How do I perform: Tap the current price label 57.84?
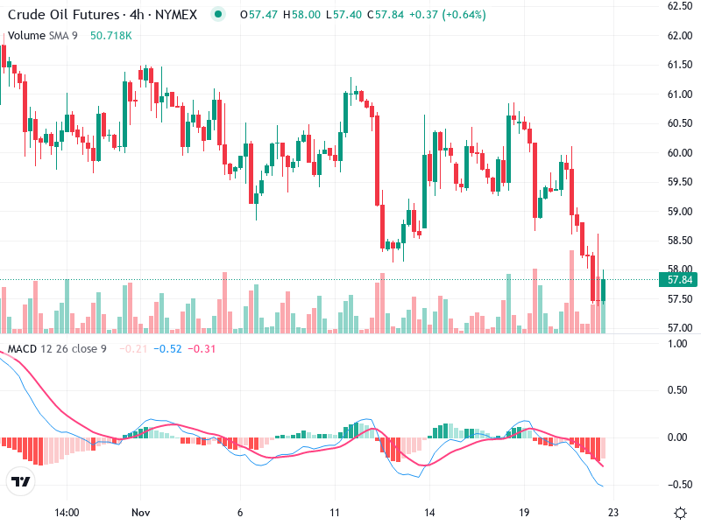tap(681, 280)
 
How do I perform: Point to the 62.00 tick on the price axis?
tap(681, 36)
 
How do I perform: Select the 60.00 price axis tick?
tap(681, 152)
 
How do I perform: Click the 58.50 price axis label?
tap(681, 240)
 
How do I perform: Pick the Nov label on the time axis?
tap(141, 513)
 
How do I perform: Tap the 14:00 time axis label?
tap(67, 513)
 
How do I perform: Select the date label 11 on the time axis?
tap(334, 513)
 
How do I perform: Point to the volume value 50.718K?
tap(111, 35)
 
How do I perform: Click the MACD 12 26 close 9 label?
tap(57, 349)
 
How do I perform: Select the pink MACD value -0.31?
tap(203, 349)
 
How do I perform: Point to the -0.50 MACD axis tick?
tap(678, 484)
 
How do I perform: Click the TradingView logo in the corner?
tap(20, 481)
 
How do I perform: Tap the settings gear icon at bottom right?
tap(680, 513)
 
